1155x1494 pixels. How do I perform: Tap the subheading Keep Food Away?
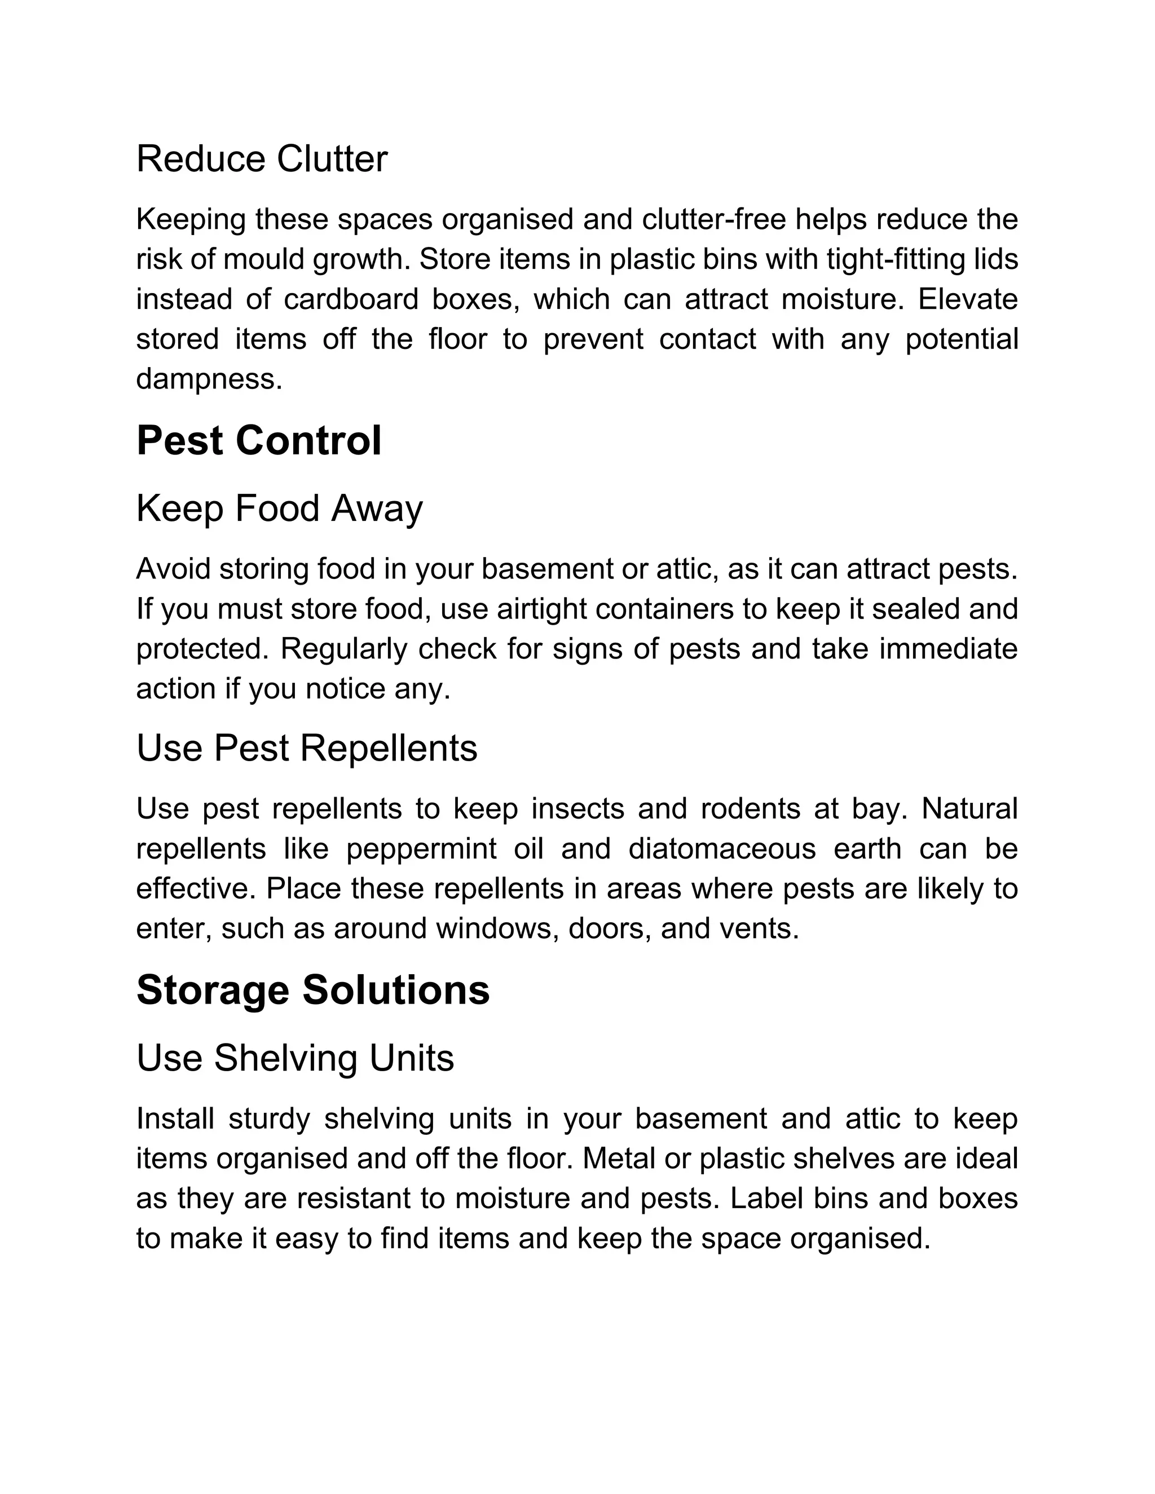pos(279,509)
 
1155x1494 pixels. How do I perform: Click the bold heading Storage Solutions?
pos(312,990)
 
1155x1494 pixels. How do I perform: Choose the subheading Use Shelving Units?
pos(295,1058)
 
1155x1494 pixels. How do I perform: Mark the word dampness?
pos(209,379)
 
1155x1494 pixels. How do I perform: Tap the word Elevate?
pos(968,299)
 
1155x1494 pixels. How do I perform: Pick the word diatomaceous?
pos(722,849)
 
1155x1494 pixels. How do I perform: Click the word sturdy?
pos(269,1119)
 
